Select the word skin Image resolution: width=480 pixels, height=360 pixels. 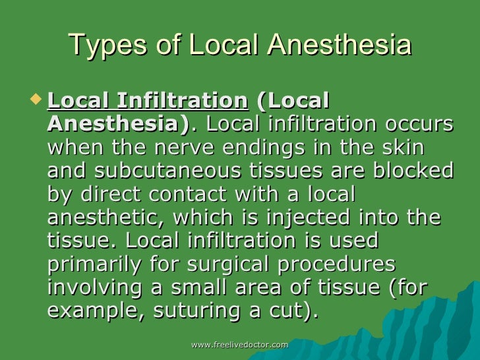tap(402, 148)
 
